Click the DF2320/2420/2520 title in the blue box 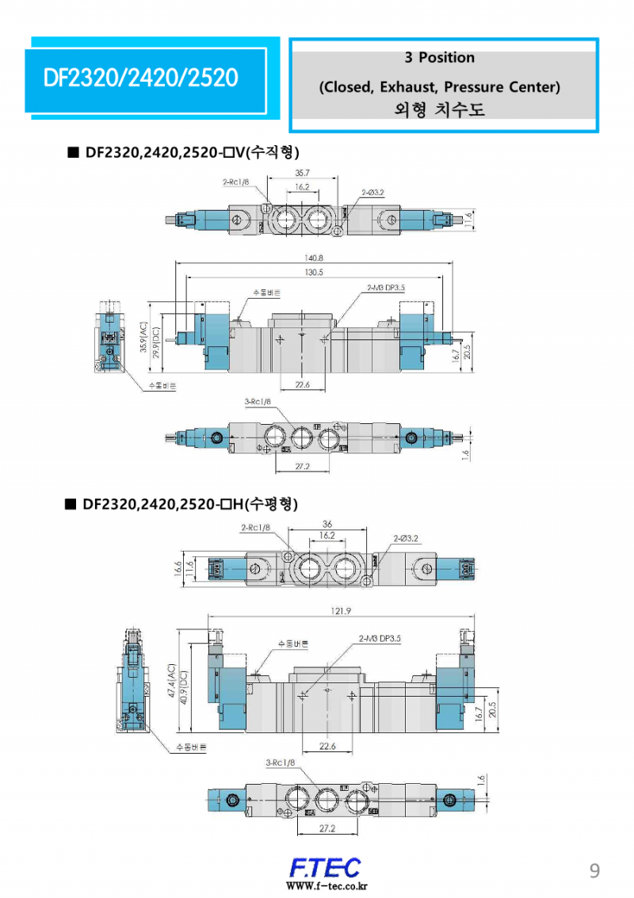tap(141, 78)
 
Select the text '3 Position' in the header tap(439, 58)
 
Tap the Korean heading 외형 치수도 tap(439, 109)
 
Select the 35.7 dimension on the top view tap(302, 172)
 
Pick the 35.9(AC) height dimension tap(143, 339)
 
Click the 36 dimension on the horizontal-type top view tap(327, 523)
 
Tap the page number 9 tap(594, 871)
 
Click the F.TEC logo tap(324, 866)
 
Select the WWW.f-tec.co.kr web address tap(326, 886)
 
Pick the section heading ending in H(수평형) tap(190, 503)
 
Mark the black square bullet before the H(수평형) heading tap(71, 503)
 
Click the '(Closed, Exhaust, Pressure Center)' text tap(439, 86)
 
